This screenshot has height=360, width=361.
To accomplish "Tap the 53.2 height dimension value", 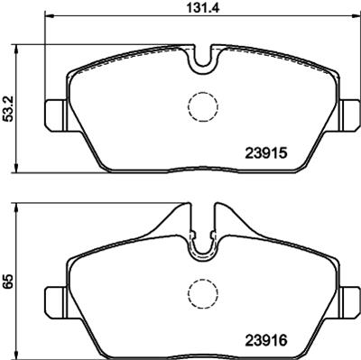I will (9, 109).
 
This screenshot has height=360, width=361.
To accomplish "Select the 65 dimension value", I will (9, 281).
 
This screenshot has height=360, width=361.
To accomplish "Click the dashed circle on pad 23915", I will (201, 107).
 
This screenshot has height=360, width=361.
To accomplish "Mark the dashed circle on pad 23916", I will (201, 292).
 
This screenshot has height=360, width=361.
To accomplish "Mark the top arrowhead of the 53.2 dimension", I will (20, 45).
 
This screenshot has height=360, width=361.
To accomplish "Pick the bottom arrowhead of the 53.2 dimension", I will (20, 171).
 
